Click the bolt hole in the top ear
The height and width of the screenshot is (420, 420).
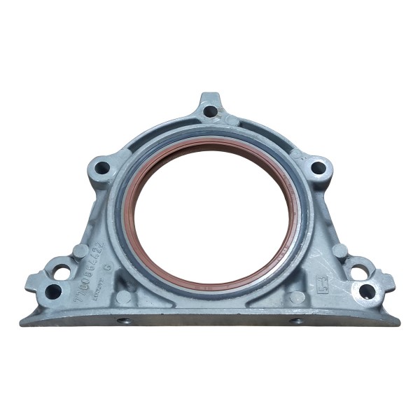(x=208, y=111)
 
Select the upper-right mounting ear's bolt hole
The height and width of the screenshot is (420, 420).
(x=317, y=167)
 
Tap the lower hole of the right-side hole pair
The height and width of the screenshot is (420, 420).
(x=366, y=289)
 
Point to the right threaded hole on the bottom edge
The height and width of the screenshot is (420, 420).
(x=297, y=321)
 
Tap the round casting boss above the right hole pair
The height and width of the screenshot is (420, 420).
(x=339, y=250)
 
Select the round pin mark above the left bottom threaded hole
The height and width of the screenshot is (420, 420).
(x=124, y=297)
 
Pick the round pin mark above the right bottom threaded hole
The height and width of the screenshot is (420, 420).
(x=297, y=297)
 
